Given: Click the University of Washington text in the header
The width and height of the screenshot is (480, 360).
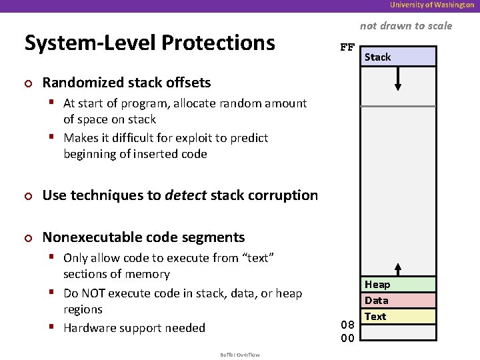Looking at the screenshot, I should point(432,5).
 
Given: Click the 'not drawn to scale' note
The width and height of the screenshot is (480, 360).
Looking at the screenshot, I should point(405,26).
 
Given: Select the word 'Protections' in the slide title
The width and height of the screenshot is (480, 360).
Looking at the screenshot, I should point(217,43).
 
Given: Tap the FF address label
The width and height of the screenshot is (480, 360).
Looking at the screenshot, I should point(347,47).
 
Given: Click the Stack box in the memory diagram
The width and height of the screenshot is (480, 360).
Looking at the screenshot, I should point(398,57).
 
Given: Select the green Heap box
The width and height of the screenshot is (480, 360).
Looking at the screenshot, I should point(398,285).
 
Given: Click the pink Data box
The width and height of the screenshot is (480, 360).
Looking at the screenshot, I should point(398,301).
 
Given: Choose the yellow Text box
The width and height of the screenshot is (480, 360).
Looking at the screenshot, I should point(398,317).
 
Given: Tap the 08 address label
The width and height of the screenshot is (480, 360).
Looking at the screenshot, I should point(347,325).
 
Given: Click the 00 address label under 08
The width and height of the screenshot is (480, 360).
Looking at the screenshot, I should point(347,338).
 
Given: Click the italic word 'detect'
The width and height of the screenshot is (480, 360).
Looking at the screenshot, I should point(185,195).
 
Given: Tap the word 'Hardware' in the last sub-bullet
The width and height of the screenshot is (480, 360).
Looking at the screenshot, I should point(89,328).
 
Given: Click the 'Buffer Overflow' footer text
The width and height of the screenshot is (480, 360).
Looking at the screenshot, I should point(240,355).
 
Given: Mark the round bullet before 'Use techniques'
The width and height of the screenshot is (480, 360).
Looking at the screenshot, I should point(28,196).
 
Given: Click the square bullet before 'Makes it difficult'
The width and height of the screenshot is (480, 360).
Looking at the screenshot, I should point(54,138).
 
